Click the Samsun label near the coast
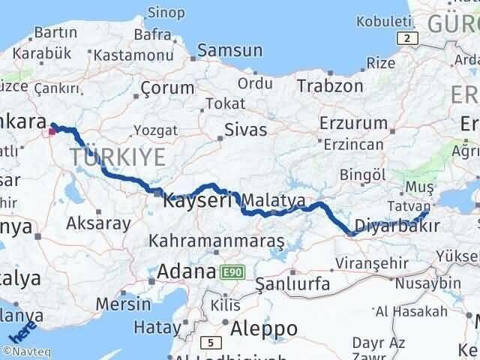coord(230,51)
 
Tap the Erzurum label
coord(350,122)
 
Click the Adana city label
coord(186,271)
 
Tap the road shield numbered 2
coord(406,39)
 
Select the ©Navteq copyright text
coord(26,350)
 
